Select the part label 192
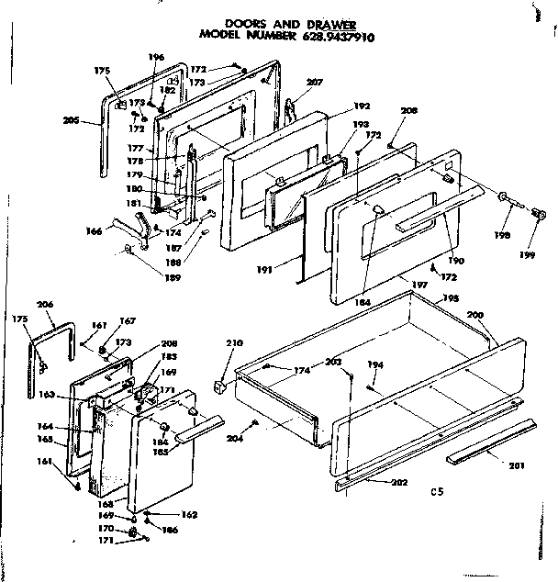362,105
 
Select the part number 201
516,464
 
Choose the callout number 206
44,304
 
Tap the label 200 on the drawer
474,314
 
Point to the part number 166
95,231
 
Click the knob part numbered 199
540,216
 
